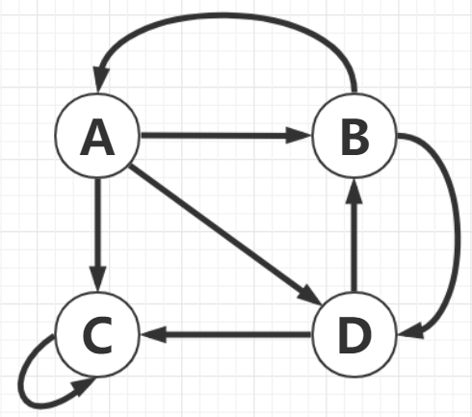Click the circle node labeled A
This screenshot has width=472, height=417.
point(96,140)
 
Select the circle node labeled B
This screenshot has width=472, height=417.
point(354,140)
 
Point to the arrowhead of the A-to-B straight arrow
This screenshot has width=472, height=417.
point(300,137)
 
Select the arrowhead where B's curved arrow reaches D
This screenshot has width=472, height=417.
point(408,334)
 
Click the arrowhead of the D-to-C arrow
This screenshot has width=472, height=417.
point(151,335)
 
